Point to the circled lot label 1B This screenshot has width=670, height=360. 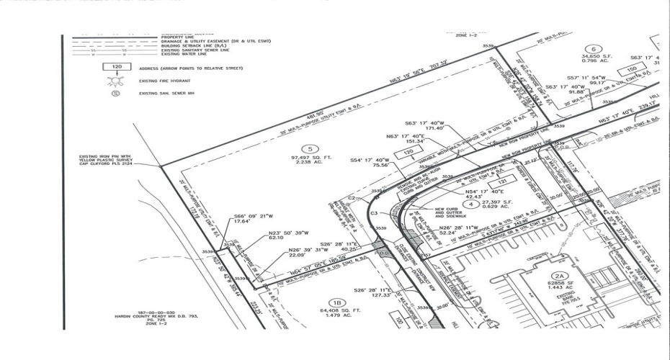(334, 302)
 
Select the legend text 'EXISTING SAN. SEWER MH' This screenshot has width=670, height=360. (168, 94)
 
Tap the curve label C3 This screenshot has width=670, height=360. (374, 214)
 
